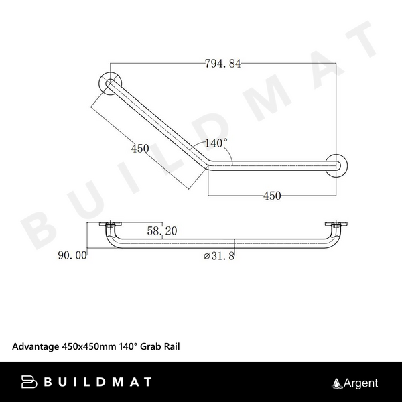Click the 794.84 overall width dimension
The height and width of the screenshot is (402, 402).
[222, 64]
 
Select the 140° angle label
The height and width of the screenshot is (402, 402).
[216, 143]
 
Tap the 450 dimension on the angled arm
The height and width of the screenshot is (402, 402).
[140, 149]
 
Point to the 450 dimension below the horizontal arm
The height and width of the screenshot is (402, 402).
[271, 196]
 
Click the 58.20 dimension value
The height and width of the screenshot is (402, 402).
[161, 230]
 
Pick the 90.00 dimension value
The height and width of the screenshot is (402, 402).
[73, 255]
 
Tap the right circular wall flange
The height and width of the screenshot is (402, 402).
[336, 165]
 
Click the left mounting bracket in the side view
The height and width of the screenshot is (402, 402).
[109, 226]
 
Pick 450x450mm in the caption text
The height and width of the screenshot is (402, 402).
[90, 346]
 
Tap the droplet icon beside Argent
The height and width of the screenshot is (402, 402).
[337, 383]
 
